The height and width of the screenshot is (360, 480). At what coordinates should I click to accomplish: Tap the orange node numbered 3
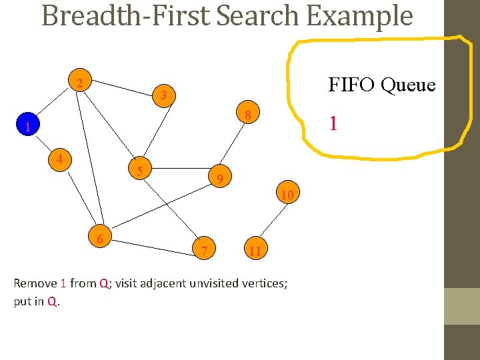[x=163, y=96]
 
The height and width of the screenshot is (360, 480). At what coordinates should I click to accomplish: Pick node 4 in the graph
[x=60, y=160]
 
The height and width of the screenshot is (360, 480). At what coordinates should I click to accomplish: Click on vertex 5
[x=140, y=171]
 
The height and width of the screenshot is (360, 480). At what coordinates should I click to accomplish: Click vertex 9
[x=220, y=178]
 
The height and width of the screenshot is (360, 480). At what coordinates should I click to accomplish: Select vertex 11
[x=254, y=251]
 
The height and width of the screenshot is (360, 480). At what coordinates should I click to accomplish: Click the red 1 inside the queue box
[x=333, y=123]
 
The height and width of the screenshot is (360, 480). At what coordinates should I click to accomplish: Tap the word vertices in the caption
[x=262, y=283]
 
